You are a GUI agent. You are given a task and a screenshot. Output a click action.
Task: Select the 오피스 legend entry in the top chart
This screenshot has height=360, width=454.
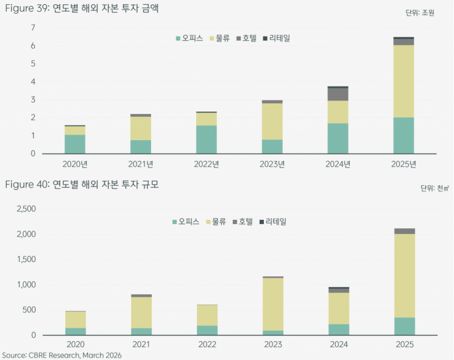coord(190,38)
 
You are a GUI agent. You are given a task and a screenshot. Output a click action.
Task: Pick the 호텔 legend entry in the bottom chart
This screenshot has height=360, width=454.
coord(242,222)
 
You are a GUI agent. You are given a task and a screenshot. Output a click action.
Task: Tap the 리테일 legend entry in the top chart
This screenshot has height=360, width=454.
coord(276,38)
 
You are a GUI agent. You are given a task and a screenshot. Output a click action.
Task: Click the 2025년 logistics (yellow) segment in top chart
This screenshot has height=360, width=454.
coord(403,81)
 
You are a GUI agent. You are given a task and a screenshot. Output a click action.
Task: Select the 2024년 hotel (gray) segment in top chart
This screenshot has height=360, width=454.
coord(338,94)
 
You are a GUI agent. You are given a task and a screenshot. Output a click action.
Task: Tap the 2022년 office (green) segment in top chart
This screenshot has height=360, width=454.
coord(206,139)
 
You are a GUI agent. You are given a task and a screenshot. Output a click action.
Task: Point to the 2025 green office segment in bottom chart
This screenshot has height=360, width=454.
coord(403,326)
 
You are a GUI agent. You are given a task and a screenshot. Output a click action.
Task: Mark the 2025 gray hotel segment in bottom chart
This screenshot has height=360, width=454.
coord(403,231)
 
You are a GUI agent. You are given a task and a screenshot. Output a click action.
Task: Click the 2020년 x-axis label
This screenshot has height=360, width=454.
coord(75,164)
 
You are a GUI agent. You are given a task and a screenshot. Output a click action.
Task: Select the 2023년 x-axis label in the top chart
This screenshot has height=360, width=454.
coord(272,164)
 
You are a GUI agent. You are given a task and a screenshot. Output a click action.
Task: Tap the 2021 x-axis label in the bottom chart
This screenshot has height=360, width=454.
coord(141,345)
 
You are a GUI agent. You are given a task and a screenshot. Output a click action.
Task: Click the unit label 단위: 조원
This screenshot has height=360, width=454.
coord(420,13)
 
